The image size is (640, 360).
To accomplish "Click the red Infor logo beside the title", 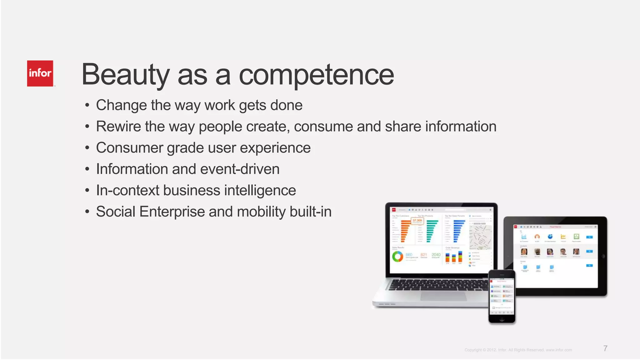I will (x=40, y=73).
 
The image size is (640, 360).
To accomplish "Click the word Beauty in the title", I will (x=125, y=75).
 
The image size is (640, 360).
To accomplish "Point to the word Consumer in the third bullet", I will (x=129, y=148).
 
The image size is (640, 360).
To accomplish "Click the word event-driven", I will (x=240, y=169).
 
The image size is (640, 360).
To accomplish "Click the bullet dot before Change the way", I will (x=87, y=105).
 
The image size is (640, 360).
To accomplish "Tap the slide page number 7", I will (x=605, y=348).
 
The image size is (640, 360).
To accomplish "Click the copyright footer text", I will (x=518, y=350).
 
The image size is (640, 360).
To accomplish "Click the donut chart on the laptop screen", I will (x=397, y=257).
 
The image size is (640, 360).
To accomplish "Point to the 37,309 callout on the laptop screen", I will (x=417, y=221).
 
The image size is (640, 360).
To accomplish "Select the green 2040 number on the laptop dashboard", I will (x=436, y=255).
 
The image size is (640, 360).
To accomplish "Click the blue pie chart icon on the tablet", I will (x=550, y=237).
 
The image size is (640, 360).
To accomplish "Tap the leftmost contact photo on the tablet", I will (x=524, y=252).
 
